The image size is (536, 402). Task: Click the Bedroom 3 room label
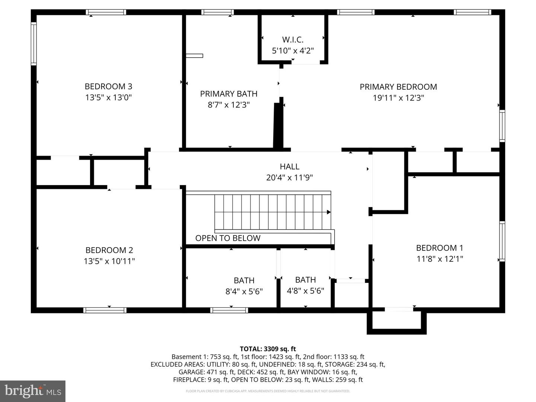click(108, 86)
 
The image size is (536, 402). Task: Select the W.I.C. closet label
click(293, 39)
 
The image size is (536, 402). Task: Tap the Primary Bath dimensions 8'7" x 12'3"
click(229, 105)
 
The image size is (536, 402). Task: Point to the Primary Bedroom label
click(398, 87)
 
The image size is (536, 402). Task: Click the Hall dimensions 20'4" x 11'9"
click(290, 178)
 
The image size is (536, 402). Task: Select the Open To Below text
click(228, 238)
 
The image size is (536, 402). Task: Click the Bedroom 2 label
click(109, 250)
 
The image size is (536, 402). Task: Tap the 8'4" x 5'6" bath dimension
click(244, 291)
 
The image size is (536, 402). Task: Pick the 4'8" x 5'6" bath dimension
click(306, 290)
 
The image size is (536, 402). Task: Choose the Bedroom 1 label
click(440, 248)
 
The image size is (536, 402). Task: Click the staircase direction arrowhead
click(329, 212)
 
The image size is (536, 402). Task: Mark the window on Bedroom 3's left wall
click(33, 44)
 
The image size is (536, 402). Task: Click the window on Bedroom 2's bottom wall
click(105, 310)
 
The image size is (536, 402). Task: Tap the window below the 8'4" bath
click(229, 310)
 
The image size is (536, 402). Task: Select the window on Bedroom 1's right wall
click(502, 241)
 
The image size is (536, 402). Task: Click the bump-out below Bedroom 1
click(396, 321)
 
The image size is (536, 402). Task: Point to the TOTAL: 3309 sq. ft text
click(268, 349)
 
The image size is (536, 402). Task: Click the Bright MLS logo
click(33, 391)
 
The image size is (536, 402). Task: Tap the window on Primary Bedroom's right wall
click(502, 126)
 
